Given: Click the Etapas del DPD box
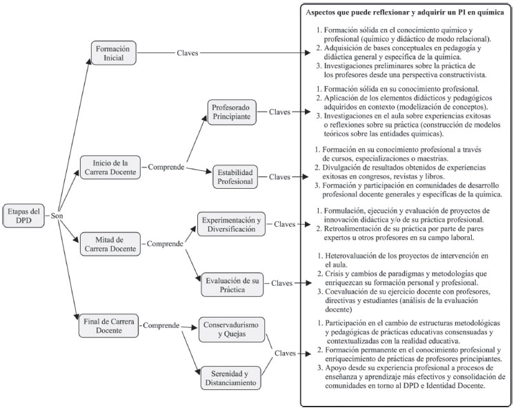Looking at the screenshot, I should pyautogui.click(x=25, y=216).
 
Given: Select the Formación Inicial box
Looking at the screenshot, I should pyautogui.click(x=116, y=53).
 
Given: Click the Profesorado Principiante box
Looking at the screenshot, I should pyautogui.click(x=234, y=112).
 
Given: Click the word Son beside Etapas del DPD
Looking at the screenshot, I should pyautogui.click(x=57, y=216).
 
